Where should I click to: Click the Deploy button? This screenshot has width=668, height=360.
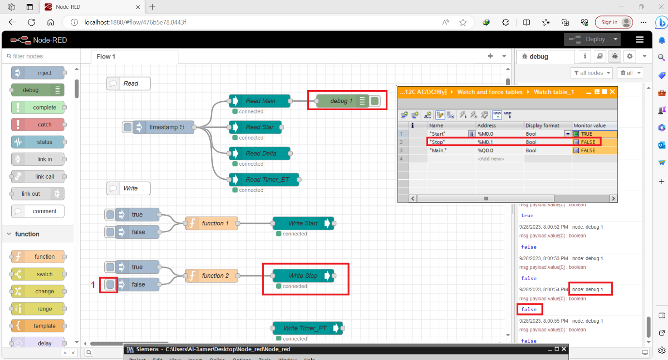pos(588,39)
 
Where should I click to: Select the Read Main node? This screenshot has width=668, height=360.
pos(260,101)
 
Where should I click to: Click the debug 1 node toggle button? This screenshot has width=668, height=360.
pos(375,101)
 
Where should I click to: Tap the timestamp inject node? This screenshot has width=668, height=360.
pos(163,127)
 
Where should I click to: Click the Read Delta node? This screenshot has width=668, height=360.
pos(260,153)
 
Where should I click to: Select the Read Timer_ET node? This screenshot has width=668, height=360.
pos(264,179)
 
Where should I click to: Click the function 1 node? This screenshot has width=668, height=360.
pos(212,223)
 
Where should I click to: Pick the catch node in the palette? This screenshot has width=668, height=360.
pos(38,125)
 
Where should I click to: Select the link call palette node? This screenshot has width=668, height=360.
pos(38,176)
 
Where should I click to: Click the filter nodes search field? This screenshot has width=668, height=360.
pos(41,56)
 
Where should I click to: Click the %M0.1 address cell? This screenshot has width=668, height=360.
pos(499,142)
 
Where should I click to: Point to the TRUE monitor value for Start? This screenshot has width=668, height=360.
pos(587,134)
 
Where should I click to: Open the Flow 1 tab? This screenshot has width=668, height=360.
pos(106,57)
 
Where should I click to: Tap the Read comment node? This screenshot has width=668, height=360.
pos(128,83)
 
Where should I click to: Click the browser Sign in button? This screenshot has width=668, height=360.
pos(609,22)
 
